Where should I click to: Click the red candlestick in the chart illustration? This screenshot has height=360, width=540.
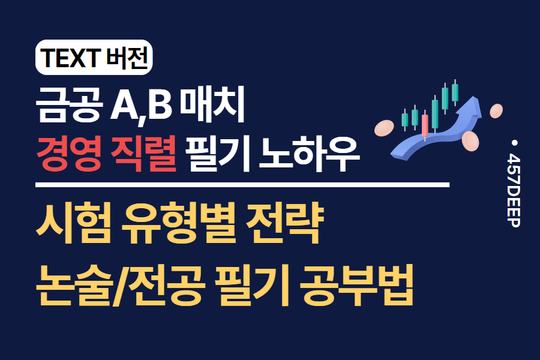point(425,124)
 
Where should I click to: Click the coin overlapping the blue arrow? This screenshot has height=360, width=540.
point(471,142)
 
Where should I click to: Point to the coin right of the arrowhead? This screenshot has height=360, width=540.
point(496,111)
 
